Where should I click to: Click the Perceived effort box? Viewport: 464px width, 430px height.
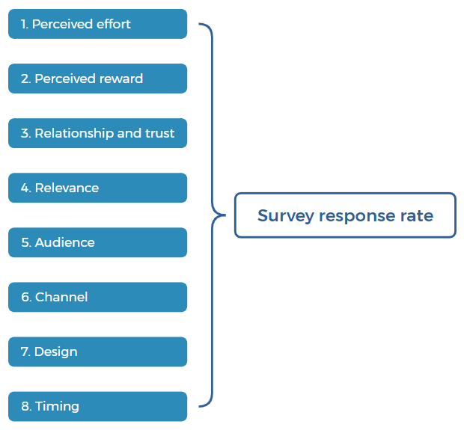pyautogui.click(x=97, y=24)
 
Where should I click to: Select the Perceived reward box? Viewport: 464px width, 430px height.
pyautogui.click(x=97, y=79)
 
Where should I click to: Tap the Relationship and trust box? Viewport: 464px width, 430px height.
pyautogui.click(x=97, y=133)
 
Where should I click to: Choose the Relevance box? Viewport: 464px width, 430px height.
pyautogui.click(x=97, y=188)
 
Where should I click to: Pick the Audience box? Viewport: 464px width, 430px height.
pyautogui.click(x=97, y=242)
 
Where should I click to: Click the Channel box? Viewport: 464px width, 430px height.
pyautogui.click(x=97, y=297)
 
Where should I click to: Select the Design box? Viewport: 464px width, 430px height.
pyautogui.click(x=97, y=351)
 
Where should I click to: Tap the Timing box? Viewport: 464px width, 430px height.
pyautogui.click(x=97, y=406)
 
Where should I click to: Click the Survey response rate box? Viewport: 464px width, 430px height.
pyautogui.click(x=345, y=215)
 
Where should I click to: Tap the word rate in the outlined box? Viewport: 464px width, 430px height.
pyautogui.click(x=417, y=215)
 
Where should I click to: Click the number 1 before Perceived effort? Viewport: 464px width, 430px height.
pyautogui.click(x=24, y=24)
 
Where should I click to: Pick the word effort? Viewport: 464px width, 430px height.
pyautogui.click(x=114, y=24)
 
